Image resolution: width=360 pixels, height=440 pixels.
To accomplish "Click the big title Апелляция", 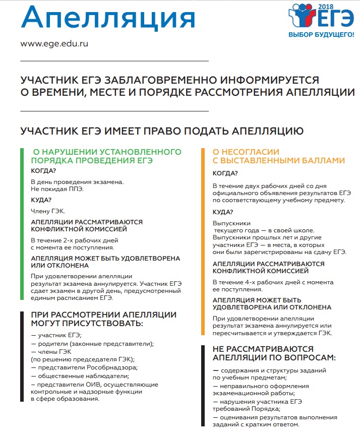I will pyautogui.click(x=108, y=19).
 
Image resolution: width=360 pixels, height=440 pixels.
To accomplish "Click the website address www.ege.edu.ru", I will pyautogui.click(x=54, y=43).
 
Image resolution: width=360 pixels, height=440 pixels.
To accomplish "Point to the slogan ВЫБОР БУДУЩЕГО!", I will pyautogui.click(x=318, y=35).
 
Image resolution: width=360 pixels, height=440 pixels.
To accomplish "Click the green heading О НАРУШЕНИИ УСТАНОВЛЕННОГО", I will pyautogui.click(x=106, y=152).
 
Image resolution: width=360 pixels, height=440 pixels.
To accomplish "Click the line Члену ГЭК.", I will pyautogui.click(x=48, y=211).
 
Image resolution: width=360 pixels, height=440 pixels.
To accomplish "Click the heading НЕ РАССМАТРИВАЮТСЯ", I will pyautogui.click(x=263, y=349).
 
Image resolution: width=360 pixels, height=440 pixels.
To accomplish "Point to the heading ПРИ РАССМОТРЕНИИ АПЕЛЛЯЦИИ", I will pyautogui.click(x=104, y=315).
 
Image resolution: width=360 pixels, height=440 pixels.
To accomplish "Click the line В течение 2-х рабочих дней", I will pyautogui.click(x=75, y=240).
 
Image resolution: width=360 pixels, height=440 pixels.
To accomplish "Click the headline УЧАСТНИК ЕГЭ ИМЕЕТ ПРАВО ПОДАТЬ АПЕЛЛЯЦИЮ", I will pyautogui.click(x=162, y=131).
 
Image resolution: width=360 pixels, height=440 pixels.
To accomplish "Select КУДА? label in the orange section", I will pyautogui.click(x=223, y=212).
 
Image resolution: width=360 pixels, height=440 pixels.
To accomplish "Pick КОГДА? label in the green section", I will pyautogui.click(x=43, y=171).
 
